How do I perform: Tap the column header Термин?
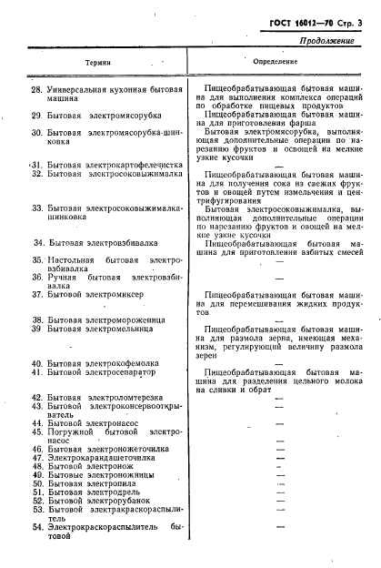98,63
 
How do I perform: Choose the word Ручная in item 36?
65,277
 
